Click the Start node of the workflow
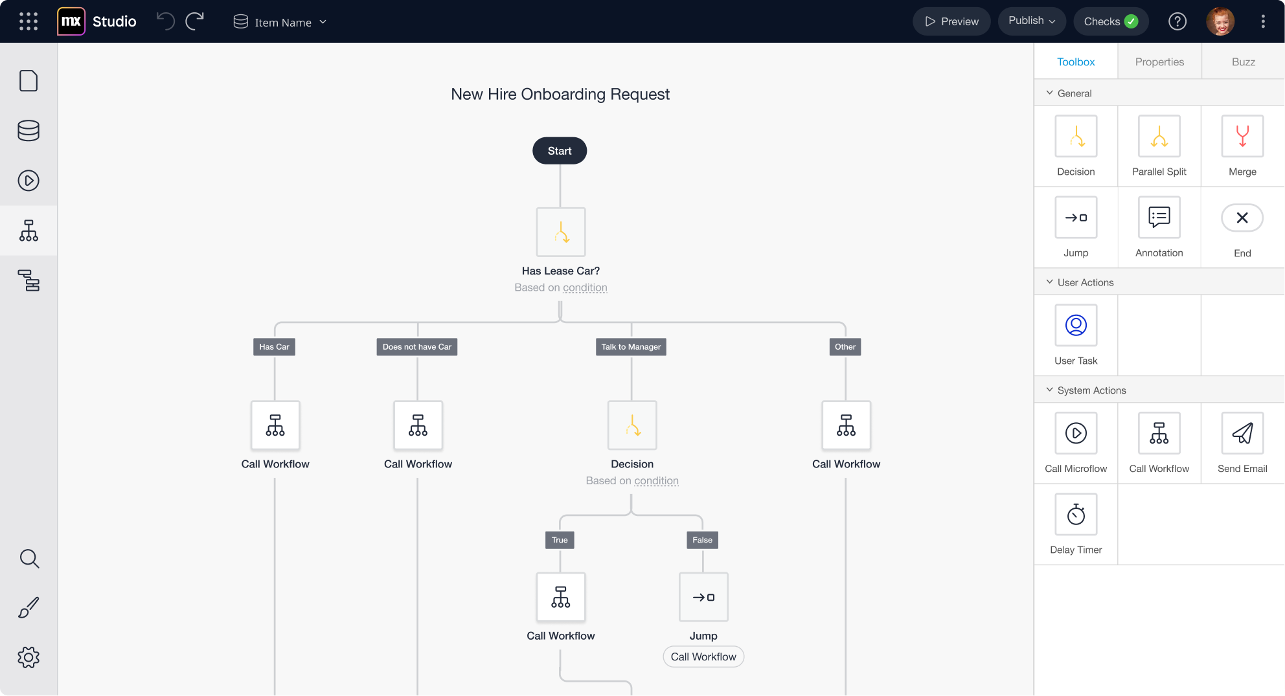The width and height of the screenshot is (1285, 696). pyautogui.click(x=560, y=151)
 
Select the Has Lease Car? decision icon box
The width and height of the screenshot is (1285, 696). pyautogui.click(x=561, y=232)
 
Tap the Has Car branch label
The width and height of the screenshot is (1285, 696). pyautogui.click(x=274, y=347)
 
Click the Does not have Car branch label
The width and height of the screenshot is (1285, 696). pyautogui.click(x=417, y=347)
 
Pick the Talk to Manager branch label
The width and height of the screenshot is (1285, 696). pyautogui.click(x=631, y=347)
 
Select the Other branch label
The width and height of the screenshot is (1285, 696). pyautogui.click(x=845, y=347)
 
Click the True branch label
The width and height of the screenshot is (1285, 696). pyautogui.click(x=560, y=540)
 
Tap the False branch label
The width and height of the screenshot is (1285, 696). pyautogui.click(x=702, y=540)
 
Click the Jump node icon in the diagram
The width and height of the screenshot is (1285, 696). pyautogui.click(x=703, y=597)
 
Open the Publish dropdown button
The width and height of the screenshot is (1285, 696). pyautogui.click(x=1032, y=21)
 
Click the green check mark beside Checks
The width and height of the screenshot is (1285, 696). pyautogui.click(x=1131, y=21)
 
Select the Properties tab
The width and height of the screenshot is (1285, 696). pyautogui.click(x=1159, y=62)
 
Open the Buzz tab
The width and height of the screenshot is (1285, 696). pyautogui.click(x=1244, y=62)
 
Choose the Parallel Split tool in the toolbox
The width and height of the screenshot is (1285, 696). pyautogui.click(x=1159, y=136)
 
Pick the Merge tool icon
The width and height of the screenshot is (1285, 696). pyautogui.click(x=1242, y=136)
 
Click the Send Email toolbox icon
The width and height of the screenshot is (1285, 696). pyautogui.click(x=1242, y=433)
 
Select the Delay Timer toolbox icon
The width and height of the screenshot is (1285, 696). pyautogui.click(x=1076, y=514)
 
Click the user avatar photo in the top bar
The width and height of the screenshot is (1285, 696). pyautogui.click(x=1220, y=21)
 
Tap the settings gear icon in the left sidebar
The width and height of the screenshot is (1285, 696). pyautogui.click(x=28, y=657)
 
